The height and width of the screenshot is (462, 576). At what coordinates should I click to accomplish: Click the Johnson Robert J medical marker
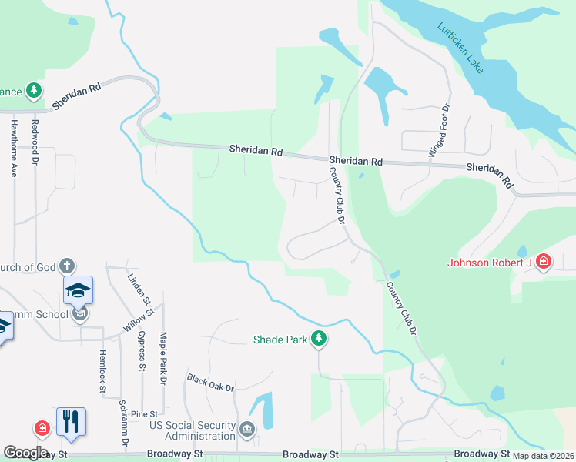544,263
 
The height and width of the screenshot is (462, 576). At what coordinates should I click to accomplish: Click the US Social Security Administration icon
246,430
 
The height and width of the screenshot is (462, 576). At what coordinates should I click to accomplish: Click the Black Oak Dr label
209,383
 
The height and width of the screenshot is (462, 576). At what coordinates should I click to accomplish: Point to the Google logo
25,453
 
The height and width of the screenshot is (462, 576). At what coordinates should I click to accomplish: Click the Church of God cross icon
67,266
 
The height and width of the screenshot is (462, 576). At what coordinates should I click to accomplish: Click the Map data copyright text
544,456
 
